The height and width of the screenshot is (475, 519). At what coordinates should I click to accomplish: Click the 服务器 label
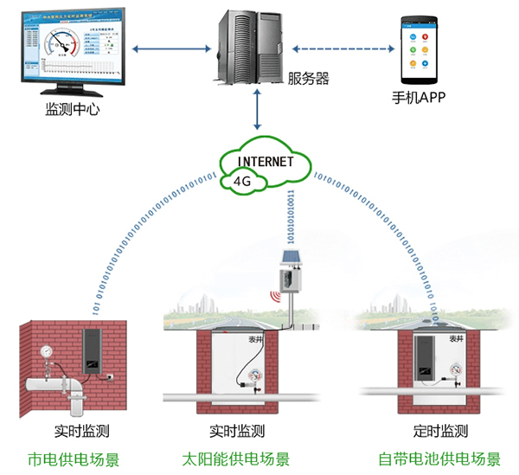(x=309, y=79)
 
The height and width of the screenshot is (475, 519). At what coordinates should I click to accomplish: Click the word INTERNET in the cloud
(x=266, y=161)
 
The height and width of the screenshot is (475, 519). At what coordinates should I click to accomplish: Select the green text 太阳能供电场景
(x=237, y=459)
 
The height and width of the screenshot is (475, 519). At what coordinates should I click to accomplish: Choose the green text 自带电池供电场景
(x=439, y=459)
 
